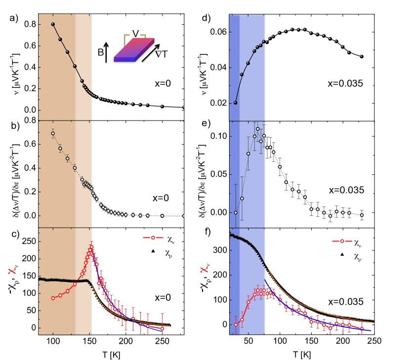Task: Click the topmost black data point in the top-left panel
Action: coord(53,24)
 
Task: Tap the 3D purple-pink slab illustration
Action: coord(134,50)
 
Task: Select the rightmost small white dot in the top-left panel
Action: coord(183,107)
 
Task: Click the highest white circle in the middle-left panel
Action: coord(53,133)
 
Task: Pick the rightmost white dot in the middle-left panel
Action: coord(183,216)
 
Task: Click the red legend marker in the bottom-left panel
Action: coord(153,238)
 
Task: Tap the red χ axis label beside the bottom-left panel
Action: coord(13,269)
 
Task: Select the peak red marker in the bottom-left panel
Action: coord(91,247)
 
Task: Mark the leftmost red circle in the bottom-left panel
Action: coord(53,298)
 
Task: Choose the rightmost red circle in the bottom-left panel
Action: coord(162,328)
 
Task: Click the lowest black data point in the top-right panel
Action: coord(235,103)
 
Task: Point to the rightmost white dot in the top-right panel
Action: coord(361,56)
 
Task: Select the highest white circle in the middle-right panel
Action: coord(257,129)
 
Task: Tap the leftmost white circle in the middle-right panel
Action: coord(235,212)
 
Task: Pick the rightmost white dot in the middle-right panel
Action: coord(362,215)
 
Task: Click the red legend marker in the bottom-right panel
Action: coord(342,241)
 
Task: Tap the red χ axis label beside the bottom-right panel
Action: coord(205,268)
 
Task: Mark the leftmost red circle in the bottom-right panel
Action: coord(236,324)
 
